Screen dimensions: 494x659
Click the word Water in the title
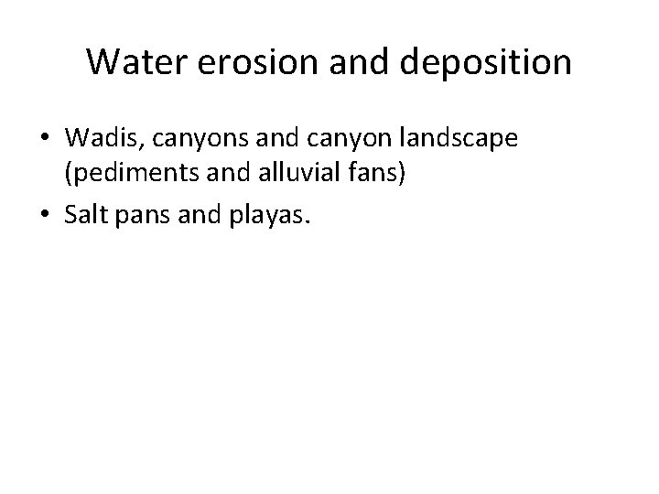(x=134, y=62)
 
